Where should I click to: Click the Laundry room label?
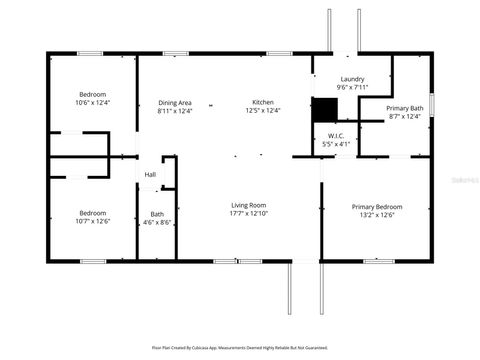point(352,79)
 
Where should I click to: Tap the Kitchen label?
point(263,102)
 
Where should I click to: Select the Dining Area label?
point(175,102)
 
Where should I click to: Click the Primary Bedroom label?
point(376,207)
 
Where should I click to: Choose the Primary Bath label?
point(405,108)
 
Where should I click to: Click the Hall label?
point(150,175)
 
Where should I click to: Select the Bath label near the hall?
point(157,213)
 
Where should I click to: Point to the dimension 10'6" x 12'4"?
point(92,103)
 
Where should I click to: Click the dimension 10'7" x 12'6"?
point(92,221)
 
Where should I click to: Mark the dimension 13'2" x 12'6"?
point(376,215)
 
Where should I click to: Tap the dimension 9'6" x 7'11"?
point(352,87)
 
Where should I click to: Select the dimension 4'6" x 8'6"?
point(157,221)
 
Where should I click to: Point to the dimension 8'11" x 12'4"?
point(175,110)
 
